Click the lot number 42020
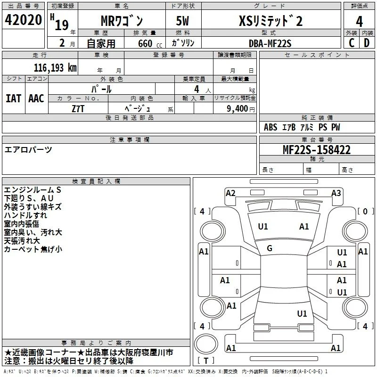tap(23, 20)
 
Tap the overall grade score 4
tap(359, 22)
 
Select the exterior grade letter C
tap(352, 43)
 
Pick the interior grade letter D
tap(367, 43)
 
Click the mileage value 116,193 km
tap(55, 68)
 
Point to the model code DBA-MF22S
tap(270, 43)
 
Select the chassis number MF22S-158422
tap(317, 150)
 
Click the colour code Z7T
tap(78, 109)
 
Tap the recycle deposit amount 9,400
tap(238, 109)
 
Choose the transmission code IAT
tap(14, 98)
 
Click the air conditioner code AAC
tap(36, 98)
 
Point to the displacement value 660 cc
tap(150, 43)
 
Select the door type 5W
tap(182, 21)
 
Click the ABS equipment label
tap(270, 127)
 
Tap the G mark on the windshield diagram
tap(270, 248)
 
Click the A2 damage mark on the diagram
tap(230, 193)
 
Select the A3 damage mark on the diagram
tap(336, 193)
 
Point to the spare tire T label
tap(206, 361)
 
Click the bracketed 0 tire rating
tap(365, 211)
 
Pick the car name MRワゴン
tap(122, 21)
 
